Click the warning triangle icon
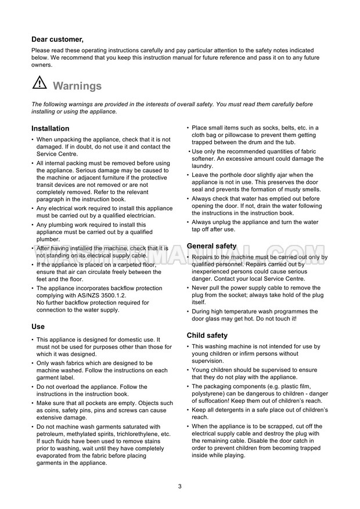click(x=39, y=84)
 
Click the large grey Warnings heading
click(x=77, y=86)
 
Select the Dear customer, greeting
click(x=57, y=39)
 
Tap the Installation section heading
click(x=50, y=128)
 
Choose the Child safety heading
click(x=207, y=335)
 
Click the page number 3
click(x=180, y=486)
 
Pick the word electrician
click(x=140, y=215)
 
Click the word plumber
click(x=48, y=238)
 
